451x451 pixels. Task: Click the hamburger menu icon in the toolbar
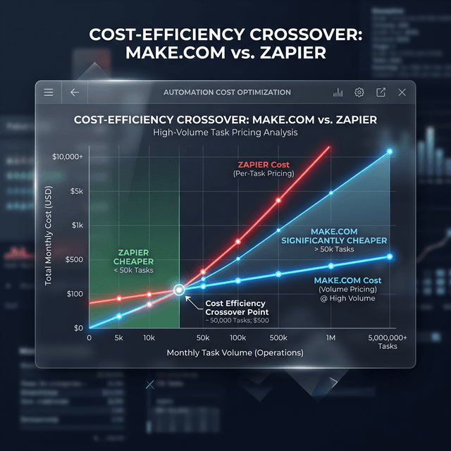pos(49,92)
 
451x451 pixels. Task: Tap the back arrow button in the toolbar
pos(75,92)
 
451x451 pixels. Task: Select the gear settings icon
pos(359,92)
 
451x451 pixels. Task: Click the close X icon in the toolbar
pos(402,92)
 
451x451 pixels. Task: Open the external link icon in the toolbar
pos(381,92)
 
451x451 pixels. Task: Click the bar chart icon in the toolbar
pos(338,92)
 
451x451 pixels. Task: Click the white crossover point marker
pos(179,289)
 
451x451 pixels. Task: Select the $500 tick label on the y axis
pos(74,259)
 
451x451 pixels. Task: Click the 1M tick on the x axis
pos(331,338)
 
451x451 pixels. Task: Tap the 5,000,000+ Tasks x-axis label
pos(388,342)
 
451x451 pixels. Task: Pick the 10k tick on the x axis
pos(149,338)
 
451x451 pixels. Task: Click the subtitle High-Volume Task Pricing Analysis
pos(225,132)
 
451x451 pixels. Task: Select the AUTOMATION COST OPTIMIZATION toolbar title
pos(227,92)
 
